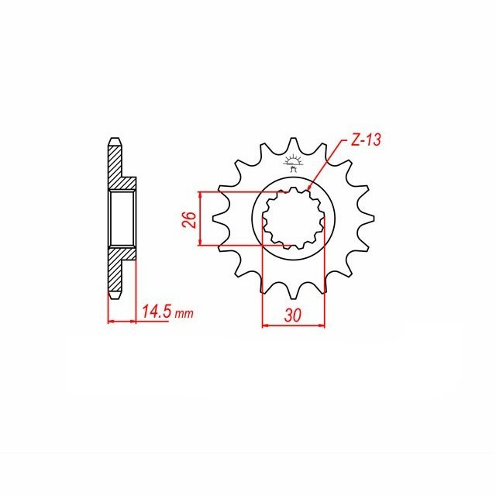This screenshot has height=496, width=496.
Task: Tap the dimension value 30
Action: pyautogui.click(x=294, y=315)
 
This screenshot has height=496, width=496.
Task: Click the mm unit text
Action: pyautogui.click(x=184, y=315)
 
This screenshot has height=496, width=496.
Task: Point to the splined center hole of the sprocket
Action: pyautogui.click(x=294, y=220)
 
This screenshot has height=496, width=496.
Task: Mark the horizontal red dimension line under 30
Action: pyautogui.click(x=294, y=325)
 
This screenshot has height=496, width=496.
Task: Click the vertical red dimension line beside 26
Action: pyautogui.click(x=201, y=219)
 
